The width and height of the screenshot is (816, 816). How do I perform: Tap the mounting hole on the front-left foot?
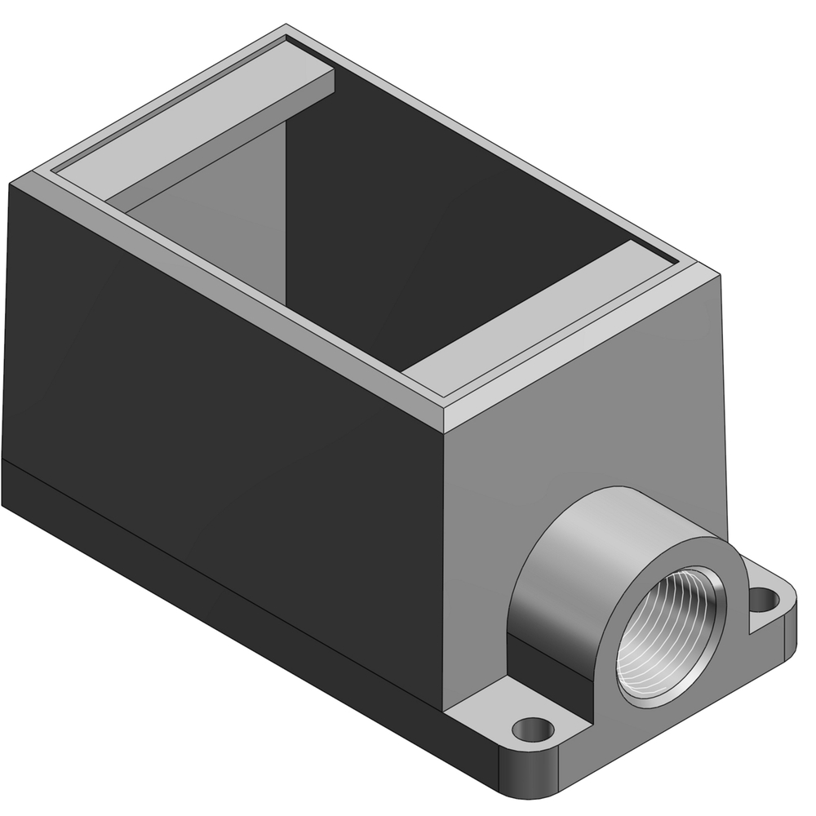[534, 725]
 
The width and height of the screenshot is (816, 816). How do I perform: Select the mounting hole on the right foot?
[763, 601]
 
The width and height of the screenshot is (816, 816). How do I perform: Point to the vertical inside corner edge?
[287, 204]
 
